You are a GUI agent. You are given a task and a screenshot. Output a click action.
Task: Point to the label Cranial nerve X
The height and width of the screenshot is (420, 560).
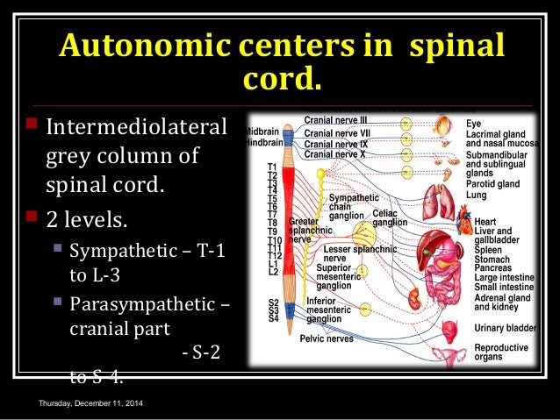tap(334, 153)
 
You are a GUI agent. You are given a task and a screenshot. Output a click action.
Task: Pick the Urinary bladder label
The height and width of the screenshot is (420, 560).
tap(505, 327)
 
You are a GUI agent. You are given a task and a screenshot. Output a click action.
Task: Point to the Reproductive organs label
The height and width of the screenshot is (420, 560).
tap(501, 352)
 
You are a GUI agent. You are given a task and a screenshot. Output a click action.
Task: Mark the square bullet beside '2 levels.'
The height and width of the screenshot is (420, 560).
tap(33, 214)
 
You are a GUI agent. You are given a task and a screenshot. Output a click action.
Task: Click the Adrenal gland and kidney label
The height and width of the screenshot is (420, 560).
tap(501, 303)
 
